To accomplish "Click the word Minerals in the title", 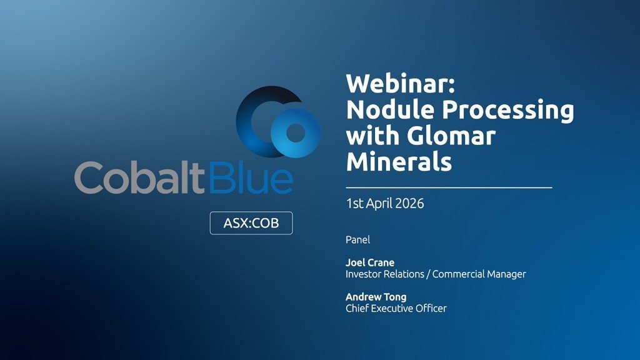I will click(399, 162).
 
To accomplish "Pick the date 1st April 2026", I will click(384, 204).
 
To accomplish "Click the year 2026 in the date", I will click(409, 204).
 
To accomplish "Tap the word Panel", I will click(357, 239).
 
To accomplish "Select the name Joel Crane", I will click(370, 262).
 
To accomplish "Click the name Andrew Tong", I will click(375, 297).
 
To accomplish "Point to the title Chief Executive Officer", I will click(396, 308).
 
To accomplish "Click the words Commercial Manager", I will click(479, 274).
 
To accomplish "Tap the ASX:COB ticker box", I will click(251, 223).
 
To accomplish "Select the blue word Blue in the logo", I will click(250, 178).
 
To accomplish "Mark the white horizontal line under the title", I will click(449, 187).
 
